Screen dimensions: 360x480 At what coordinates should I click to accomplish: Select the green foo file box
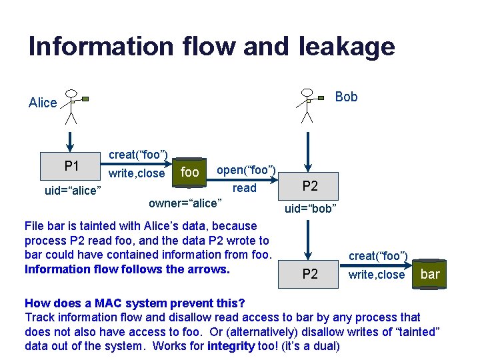(x=190, y=172)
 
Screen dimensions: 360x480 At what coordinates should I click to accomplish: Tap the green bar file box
(x=430, y=274)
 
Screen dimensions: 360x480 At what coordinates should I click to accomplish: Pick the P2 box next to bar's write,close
(x=310, y=274)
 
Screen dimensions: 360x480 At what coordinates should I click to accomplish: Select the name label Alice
(x=43, y=103)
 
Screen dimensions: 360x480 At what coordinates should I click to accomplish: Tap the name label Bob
(x=346, y=97)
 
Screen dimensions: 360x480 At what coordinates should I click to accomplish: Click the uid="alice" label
(x=73, y=191)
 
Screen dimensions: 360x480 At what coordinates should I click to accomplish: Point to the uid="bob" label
(x=311, y=209)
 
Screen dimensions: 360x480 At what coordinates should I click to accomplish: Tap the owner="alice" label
(x=185, y=202)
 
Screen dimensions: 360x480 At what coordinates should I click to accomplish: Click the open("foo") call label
(x=247, y=170)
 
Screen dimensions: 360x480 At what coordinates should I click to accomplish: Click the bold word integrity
(x=230, y=345)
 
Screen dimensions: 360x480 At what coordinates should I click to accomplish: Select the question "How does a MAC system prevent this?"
(x=135, y=303)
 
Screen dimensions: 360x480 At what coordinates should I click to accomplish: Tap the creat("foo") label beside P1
(x=138, y=155)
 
